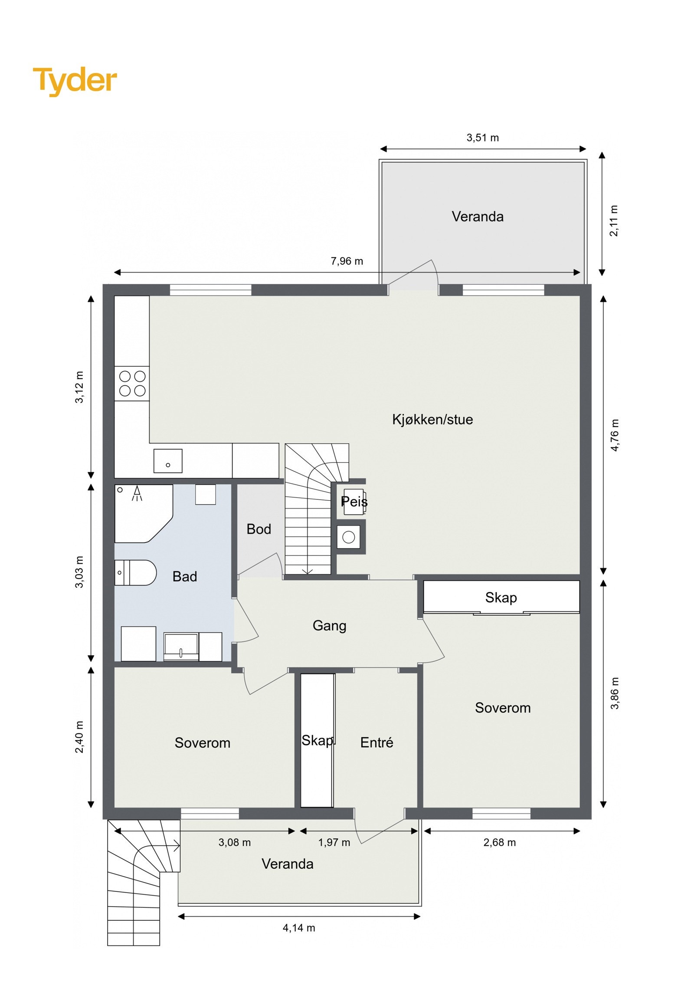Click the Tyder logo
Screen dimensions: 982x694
(x=75, y=81)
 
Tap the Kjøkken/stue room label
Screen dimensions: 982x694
(x=432, y=420)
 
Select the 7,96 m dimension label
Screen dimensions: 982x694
(x=347, y=261)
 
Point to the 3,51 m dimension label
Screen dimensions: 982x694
(x=482, y=138)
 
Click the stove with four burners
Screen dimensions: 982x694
(x=132, y=384)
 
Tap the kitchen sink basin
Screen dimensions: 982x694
(x=168, y=461)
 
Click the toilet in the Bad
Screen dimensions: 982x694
(x=135, y=573)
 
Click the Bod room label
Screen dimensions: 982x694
(x=259, y=529)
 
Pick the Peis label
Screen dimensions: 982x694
(x=354, y=502)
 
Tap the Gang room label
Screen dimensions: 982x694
(x=329, y=625)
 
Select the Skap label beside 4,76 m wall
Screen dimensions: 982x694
(x=501, y=598)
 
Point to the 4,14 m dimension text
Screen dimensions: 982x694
(x=299, y=928)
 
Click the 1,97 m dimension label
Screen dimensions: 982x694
(x=334, y=842)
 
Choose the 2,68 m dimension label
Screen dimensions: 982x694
(x=499, y=842)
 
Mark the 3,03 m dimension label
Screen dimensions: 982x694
(x=79, y=572)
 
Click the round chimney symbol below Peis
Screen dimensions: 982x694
(x=349, y=537)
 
